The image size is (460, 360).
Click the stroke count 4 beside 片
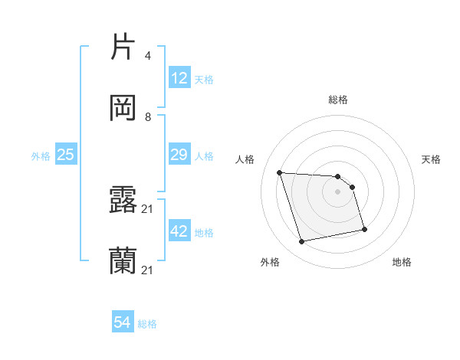[x=147, y=56]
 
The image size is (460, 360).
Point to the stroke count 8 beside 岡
[x=147, y=116]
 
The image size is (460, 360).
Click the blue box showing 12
[x=179, y=78]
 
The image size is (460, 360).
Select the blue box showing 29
[x=179, y=155]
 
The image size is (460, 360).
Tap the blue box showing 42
[x=179, y=231]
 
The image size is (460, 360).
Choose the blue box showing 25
[x=66, y=155]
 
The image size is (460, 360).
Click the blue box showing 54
[x=123, y=323]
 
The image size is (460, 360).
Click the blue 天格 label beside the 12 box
[x=204, y=80]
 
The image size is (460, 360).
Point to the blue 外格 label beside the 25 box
[x=41, y=156]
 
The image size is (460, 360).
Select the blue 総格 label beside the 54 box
[x=147, y=324]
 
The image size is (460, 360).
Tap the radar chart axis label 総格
[x=337, y=100]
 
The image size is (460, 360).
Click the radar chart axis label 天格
[x=431, y=159]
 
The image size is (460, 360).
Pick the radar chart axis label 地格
[x=402, y=263]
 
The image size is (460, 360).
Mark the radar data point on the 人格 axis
[x=280, y=172]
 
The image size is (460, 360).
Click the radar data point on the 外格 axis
[x=302, y=242]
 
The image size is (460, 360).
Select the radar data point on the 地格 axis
[x=364, y=229]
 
